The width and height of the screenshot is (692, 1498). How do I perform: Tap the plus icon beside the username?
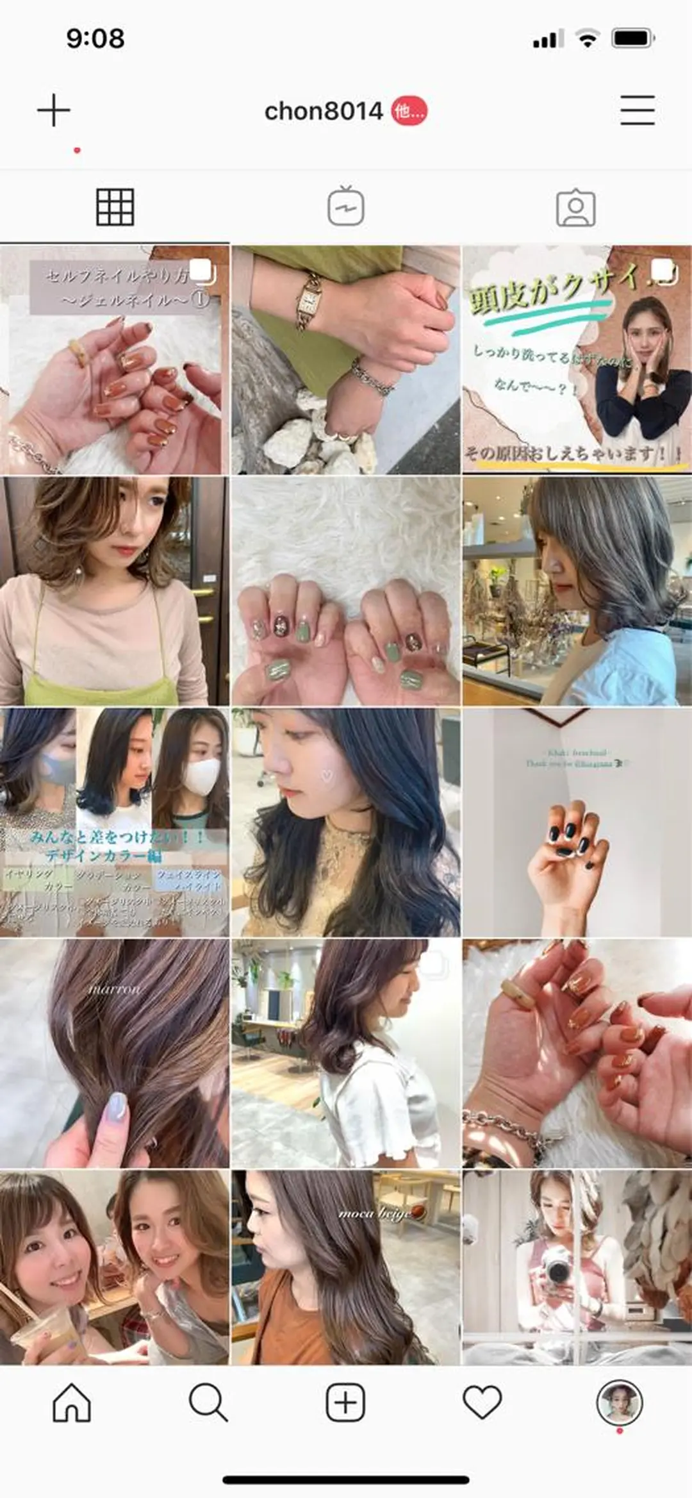54,110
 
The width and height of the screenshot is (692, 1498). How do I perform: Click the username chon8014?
324,112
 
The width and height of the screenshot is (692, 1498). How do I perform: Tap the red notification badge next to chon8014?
409,112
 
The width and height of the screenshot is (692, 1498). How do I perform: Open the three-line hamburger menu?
637,110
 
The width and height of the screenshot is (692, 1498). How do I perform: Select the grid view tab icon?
115,207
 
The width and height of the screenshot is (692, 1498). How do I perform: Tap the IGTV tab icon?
346,207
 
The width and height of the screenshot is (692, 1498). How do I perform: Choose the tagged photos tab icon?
575,208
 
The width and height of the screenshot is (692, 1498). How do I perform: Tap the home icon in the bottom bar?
71,1402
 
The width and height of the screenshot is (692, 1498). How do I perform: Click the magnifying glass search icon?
208,1402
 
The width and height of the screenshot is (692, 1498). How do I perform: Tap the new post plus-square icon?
345,1402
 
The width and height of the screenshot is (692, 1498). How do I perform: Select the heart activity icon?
482,1402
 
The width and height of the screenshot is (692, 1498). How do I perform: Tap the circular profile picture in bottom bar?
619,1402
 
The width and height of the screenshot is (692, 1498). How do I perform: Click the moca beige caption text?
375,1213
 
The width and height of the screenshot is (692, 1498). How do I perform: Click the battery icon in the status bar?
632,38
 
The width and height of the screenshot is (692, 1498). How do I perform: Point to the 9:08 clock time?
95,38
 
